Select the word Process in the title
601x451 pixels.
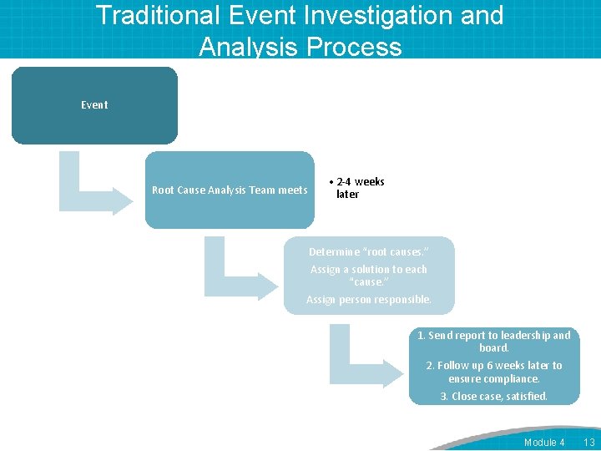point(355,46)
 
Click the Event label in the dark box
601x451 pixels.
point(94,105)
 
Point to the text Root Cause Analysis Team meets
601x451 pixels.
point(230,190)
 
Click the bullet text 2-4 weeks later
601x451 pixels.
point(359,188)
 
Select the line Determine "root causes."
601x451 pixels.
point(369,252)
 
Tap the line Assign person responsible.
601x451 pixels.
point(369,300)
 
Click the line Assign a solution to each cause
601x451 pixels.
point(369,276)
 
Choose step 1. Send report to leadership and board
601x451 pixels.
point(494,342)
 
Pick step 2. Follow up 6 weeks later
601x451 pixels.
point(494,372)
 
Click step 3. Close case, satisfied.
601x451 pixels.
point(494,397)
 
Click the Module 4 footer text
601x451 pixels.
point(544,442)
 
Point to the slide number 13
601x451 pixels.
point(588,442)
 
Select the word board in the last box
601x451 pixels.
point(494,348)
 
